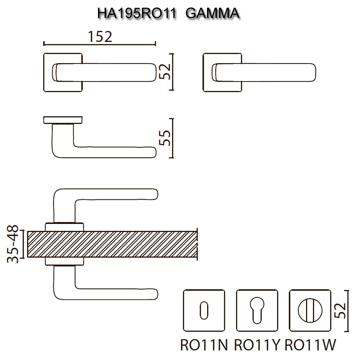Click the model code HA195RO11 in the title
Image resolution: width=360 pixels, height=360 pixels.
[137, 14]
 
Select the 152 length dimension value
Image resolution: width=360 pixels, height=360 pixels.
[100, 36]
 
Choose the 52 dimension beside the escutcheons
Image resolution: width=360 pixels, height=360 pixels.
[340, 310]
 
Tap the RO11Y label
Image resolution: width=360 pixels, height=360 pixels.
[257, 345]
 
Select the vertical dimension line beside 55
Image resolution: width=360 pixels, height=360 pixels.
[172, 138]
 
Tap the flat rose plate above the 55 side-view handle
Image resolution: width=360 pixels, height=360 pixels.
[63, 120]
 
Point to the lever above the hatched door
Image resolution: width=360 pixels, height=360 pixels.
[116, 194]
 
